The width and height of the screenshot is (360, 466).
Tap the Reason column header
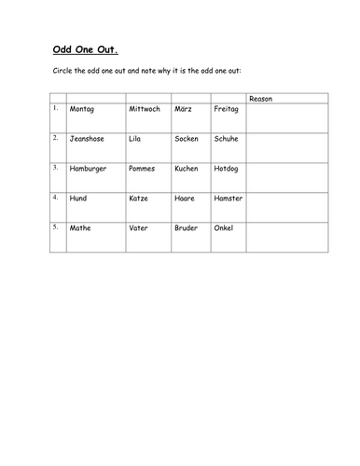[260, 99]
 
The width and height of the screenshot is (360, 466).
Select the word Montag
[82, 109]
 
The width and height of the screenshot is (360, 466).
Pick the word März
[184, 109]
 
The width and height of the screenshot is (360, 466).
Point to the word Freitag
[227, 109]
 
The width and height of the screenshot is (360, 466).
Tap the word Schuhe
[227, 138]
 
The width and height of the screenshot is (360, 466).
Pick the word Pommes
[143, 169]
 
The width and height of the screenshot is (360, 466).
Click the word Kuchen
[187, 169]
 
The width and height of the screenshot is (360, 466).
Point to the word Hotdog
[227, 169]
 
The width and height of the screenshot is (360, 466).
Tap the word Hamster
[228, 199]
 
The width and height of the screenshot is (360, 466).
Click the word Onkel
[224, 228]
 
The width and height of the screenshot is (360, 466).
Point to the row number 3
[56, 168]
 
